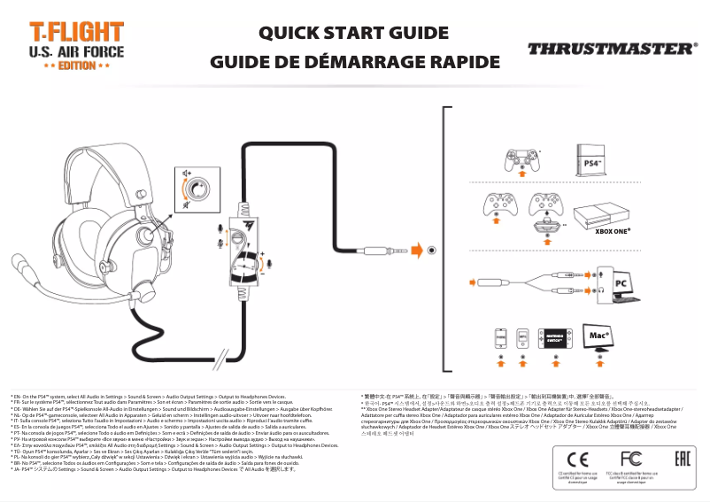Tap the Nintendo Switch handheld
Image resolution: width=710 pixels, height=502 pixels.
(x=555, y=340)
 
